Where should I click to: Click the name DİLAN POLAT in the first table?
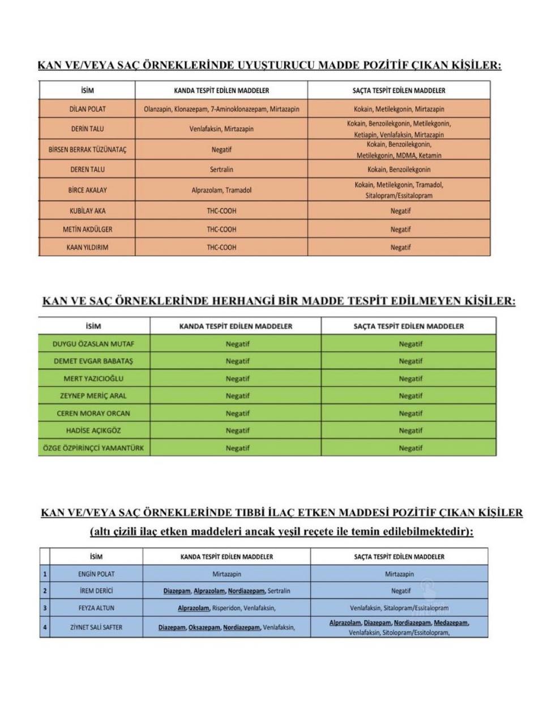click(87, 109)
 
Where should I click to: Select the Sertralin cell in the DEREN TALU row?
click(221, 169)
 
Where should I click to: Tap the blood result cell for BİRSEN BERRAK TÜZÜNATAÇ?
click(221, 150)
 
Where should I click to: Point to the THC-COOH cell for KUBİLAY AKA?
click(221, 211)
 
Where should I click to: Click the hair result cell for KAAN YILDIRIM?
click(400, 248)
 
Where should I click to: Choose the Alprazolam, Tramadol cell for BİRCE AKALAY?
click(221, 190)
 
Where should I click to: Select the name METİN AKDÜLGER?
click(87, 229)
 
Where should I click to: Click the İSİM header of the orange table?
click(87, 91)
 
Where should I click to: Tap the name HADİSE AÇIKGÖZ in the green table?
click(93, 430)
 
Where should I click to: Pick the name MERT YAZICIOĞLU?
click(93, 378)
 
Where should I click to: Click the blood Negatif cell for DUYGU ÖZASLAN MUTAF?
click(237, 344)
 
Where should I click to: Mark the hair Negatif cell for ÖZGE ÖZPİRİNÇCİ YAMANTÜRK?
click(411, 448)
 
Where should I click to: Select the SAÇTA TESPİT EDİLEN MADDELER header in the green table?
click(409, 326)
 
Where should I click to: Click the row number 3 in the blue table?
click(45, 608)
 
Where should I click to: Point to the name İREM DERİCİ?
click(96, 591)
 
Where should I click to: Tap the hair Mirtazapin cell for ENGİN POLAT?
click(400, 574)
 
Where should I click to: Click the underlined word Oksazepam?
click(204, 628)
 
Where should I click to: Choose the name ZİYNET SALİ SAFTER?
click(96, 628)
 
